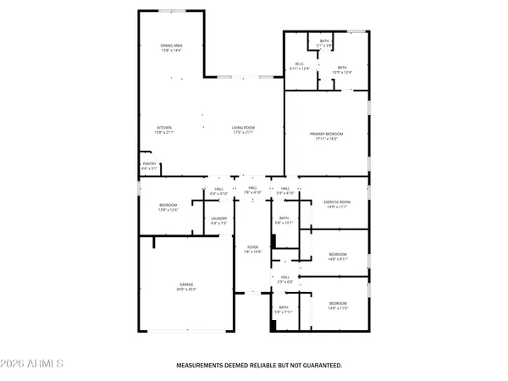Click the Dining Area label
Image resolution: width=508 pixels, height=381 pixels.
point(172,46)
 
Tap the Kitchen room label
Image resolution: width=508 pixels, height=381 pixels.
point(152,128)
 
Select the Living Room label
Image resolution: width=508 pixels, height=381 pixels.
point(244,128)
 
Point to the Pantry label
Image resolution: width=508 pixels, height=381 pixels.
point(149,164)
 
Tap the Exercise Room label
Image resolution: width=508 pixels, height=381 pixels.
point(337,202)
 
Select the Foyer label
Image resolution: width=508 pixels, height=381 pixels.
point(251,248)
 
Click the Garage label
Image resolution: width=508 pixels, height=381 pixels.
point(185,284)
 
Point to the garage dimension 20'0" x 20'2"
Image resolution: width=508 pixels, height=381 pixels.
point(185,290)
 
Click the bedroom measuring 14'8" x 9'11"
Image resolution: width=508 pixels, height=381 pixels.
point(338,257)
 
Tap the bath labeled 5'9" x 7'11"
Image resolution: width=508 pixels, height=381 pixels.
point(284,310)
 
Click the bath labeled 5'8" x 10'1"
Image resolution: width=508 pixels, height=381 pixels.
point(284,221)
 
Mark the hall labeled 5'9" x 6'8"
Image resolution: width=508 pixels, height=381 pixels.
point(285,279)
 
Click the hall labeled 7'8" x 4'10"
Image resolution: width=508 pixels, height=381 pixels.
point(251,190)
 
